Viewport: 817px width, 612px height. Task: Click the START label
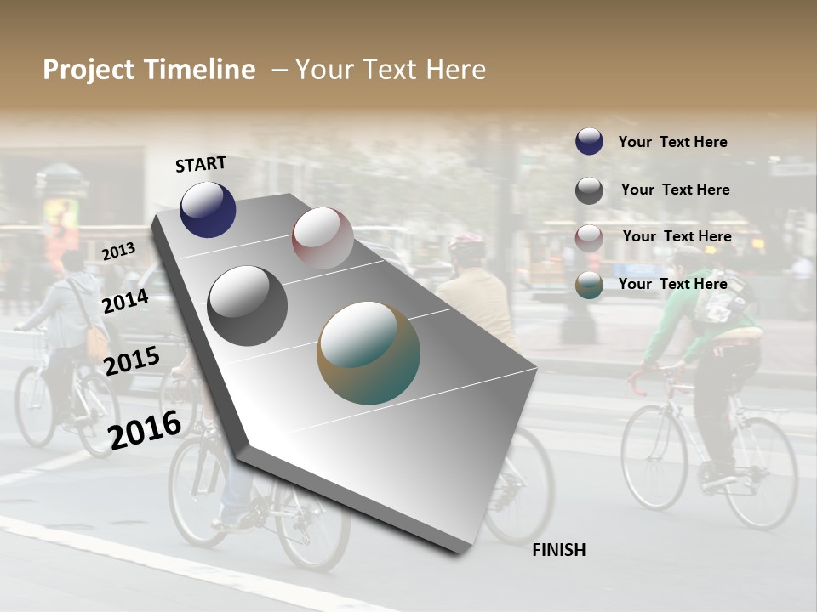(x=201, y=164)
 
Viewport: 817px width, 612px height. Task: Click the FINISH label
(x=558, y=550)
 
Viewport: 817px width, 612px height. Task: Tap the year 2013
(x=118, y=252)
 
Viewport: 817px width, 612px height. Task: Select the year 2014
(x=126, y=301)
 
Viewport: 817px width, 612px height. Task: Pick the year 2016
(x=145, y=430)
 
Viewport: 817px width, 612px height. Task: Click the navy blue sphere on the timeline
(x=208, y=209)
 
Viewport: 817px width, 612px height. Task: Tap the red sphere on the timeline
(x=323, y=237)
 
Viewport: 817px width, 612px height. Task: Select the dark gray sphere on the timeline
(x=248, y=305)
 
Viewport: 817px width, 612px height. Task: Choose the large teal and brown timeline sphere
(x=369, y=353)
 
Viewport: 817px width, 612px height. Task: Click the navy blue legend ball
(x=589, y=141)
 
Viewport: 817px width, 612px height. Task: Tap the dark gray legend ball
(x=589, y=190)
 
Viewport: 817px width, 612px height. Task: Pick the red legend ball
(x=589, y=238)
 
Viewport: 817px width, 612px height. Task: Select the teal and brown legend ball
(x=589, y=286)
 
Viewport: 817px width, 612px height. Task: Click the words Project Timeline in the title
(x=149, y=70)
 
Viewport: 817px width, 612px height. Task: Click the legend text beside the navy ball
(x=672, y=142)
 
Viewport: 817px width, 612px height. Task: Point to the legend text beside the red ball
(x=677, y=236)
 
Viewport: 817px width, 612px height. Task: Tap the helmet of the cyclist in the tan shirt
(x=466, y=246)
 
